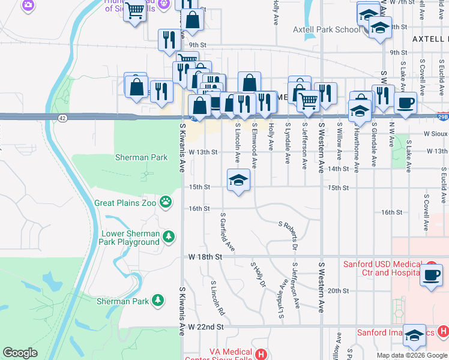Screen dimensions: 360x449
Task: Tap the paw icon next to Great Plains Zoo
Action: coord(165,203)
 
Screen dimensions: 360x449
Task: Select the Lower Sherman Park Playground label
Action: coord(130,238)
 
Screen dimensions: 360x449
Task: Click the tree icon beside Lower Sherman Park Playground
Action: coord(170,237)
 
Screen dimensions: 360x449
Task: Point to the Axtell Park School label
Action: coord(327,29)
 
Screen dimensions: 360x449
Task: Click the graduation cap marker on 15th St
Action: coord(238,181)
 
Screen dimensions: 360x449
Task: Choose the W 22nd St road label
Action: coord(206,327)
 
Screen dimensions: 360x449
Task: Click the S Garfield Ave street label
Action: coord(227,232)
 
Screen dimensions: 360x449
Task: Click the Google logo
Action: coord(20,353)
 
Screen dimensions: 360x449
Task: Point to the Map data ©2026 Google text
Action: coord(412,355)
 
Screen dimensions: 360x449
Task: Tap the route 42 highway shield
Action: coord(63,118)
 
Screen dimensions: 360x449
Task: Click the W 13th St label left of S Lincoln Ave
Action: coord(202,152)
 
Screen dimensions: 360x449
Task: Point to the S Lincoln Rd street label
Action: coord(217,297)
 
